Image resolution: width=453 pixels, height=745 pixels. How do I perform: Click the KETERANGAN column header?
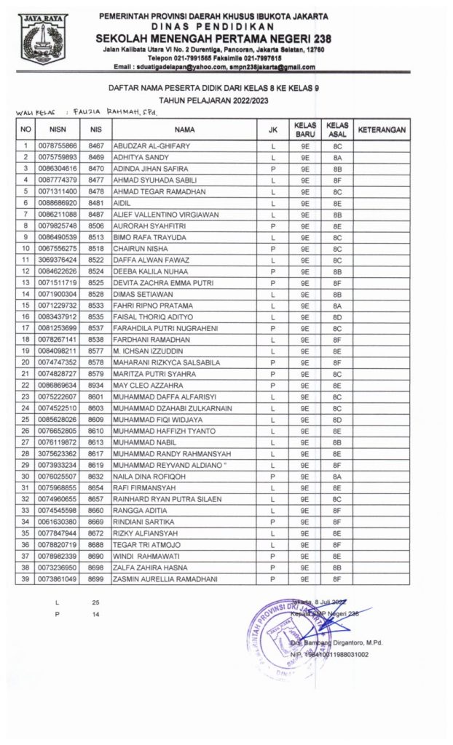pyautogui.click(x=382, y=130)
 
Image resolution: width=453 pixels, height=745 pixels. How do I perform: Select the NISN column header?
pyautogui.click(x=57, y=130)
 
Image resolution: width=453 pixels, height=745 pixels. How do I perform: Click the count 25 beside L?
pyautogui.click(x=95, y=603)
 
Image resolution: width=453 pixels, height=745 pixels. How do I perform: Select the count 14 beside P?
pyautogui.click(x=95, y=615)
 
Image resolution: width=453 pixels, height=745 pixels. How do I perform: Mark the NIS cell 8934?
pyautogui.click(x=95, y=385)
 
